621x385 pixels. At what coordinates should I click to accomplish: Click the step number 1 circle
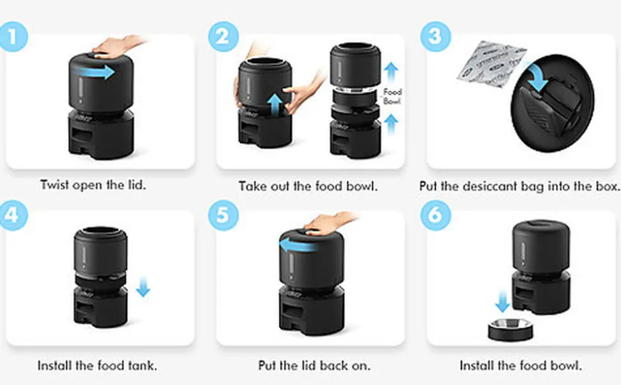click(13, 37)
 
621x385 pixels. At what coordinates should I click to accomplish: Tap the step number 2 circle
click(223, 37)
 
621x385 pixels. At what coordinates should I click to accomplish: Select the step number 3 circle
click(435, 37)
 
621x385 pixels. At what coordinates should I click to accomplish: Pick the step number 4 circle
click(13, 215)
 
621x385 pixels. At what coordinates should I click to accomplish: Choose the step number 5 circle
click(223, 215)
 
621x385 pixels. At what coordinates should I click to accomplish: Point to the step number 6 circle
click(435, 215)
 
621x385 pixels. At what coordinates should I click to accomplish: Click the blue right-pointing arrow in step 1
click(95, 72)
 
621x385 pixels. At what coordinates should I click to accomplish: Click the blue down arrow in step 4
click(143, 287)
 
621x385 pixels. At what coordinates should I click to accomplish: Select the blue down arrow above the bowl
click(502, 302)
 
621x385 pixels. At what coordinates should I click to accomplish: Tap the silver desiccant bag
click(491, 64)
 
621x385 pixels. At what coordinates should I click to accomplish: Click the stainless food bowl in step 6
click(510, 330)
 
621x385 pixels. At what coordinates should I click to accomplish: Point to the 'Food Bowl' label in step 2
click(392, 96)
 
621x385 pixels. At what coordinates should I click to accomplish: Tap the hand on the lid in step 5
click(328, 224)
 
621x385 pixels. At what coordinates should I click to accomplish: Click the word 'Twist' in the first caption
click(54, 184)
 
